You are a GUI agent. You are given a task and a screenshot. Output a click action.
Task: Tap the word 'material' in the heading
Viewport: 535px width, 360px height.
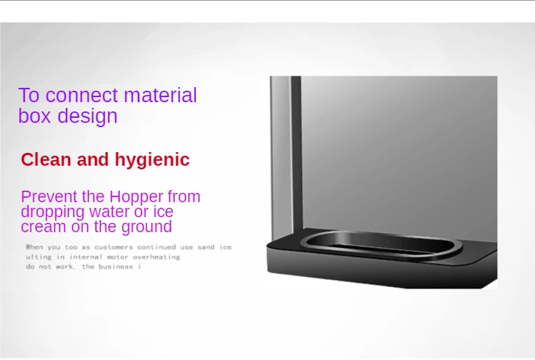tap(161, 95)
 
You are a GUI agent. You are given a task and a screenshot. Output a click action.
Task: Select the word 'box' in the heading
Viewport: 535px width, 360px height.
tap(34, 115)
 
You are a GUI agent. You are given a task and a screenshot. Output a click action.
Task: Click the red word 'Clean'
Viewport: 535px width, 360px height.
tap(46, 159)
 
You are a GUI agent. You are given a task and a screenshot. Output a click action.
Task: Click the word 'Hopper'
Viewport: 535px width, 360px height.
tap(136, 198)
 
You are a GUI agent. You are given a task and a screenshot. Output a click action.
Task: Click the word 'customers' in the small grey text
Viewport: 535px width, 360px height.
tap(114, 247)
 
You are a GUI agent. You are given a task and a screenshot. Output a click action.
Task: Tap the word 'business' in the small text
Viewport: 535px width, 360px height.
tap(116, 266)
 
